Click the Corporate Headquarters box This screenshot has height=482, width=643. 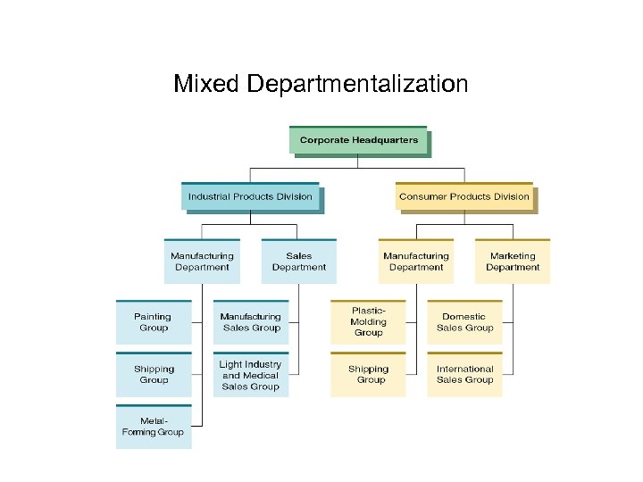(x=358, y=140)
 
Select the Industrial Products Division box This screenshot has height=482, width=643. (x=250, y=196)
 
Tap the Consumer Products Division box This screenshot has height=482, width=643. (x=463, y=196)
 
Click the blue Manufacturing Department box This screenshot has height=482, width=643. (x=202, y=262)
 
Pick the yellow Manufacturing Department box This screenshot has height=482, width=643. (x=415, y=262)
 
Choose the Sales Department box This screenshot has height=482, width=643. (x=298, y=262)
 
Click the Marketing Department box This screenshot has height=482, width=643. (x=513, y=262)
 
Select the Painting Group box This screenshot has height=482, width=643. (x=154, y=322)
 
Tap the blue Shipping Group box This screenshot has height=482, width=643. (x=154, y=374)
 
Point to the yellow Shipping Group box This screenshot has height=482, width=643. (x=368, y=374)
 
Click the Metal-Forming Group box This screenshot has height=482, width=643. (x=154, y=427)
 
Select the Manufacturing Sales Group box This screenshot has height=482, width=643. (x=250, y=322)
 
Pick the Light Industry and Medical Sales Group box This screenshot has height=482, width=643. (x=250, y=375)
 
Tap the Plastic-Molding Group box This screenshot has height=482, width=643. (x=368, y=322)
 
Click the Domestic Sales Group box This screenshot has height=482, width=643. (x=464, y=322)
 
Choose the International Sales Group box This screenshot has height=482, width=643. (x=464, y=374)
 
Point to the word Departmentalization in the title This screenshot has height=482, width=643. (x=357, y=84)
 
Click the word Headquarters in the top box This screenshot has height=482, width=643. (x=388, y=140)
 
